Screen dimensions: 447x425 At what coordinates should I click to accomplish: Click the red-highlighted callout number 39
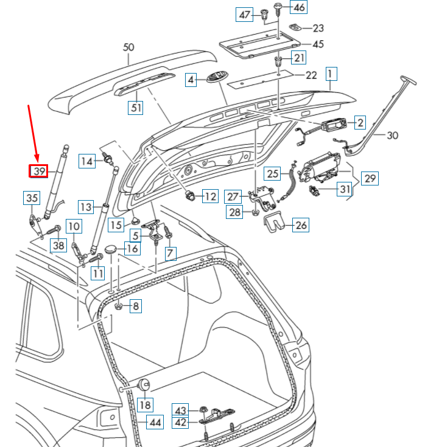click(x=39, y=172)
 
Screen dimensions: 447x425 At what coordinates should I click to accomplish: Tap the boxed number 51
click(x=135, y=108)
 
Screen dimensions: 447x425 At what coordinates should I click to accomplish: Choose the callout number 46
click(x=300, y=8)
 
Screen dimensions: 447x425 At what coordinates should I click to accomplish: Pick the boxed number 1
click(x=331, y=74)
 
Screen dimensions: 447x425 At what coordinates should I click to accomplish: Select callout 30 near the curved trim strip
click(x=392, y=136)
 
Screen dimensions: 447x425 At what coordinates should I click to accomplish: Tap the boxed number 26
click(x=301, y=225)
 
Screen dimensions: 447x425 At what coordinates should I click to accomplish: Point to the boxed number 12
click(x=209, y=196)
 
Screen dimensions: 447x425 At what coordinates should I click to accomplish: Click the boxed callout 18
click(x=145, y=404)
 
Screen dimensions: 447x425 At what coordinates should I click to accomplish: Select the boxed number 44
click(x=156, y=422)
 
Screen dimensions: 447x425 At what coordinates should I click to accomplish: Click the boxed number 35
click(x=32, y=198)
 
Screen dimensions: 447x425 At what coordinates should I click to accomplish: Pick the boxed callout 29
click(x=369, y=178)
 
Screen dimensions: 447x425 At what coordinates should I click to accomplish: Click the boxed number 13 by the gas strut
click(x=86, y=207)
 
